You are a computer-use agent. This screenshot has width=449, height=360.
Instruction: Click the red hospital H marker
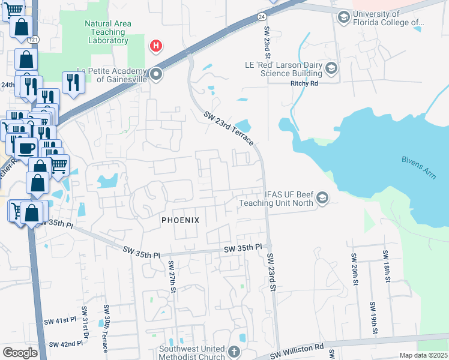(x=156, y=45)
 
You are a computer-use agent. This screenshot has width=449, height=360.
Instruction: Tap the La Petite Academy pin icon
(x=156, y=74)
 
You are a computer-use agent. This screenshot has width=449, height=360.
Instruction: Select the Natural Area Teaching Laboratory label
(x=107, y=32)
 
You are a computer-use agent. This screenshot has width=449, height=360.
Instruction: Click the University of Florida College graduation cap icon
(x=343, y=16)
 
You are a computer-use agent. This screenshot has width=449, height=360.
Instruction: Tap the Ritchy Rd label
(x=306, y=84)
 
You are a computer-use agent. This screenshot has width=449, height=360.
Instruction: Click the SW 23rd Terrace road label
(x=228, y=128)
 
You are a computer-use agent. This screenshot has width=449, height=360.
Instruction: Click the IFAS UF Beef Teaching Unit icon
(x=322, y=198)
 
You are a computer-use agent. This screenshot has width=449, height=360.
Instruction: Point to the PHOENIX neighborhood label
(x=180, y=220)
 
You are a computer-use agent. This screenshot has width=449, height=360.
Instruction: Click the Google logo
(x=20, y=353)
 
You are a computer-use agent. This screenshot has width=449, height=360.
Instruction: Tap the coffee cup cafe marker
(x=25, y=148)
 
